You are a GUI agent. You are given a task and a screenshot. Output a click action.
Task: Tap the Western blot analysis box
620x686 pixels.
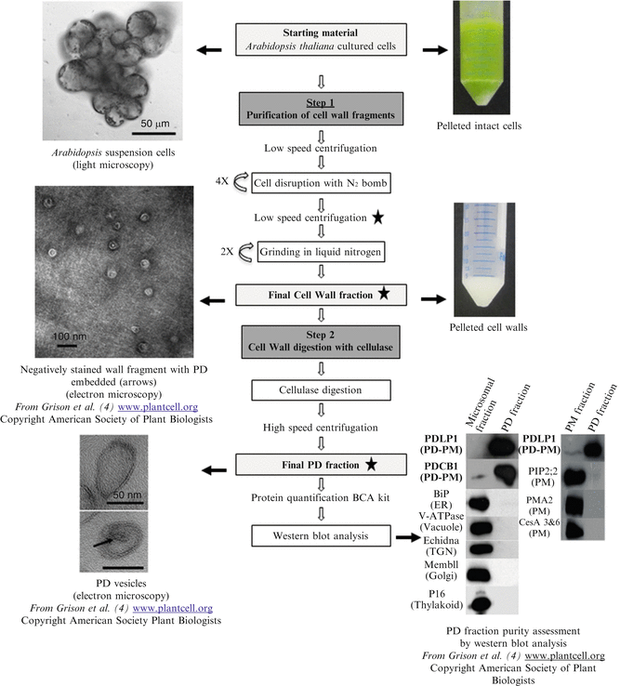[x=319, y=536]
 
